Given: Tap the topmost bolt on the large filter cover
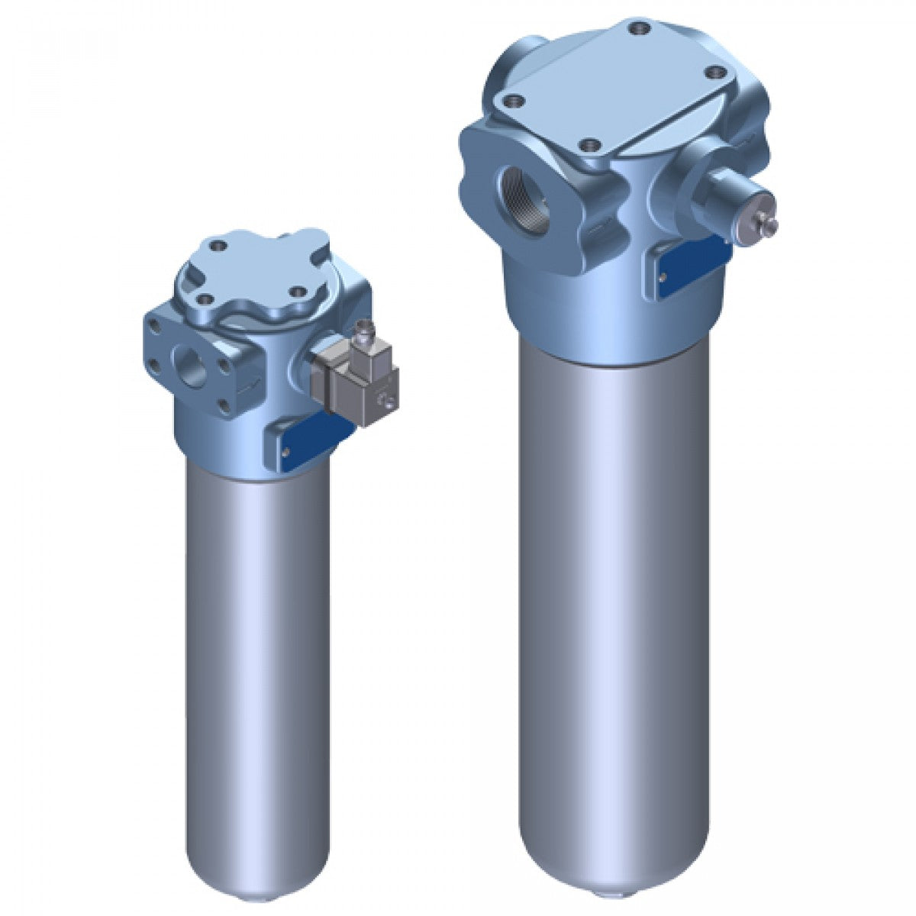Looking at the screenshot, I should click(x=637, y=29).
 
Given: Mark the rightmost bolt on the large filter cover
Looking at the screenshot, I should click(x=715, y=73).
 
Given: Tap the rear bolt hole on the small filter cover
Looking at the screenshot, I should click(x=221, y=246).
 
